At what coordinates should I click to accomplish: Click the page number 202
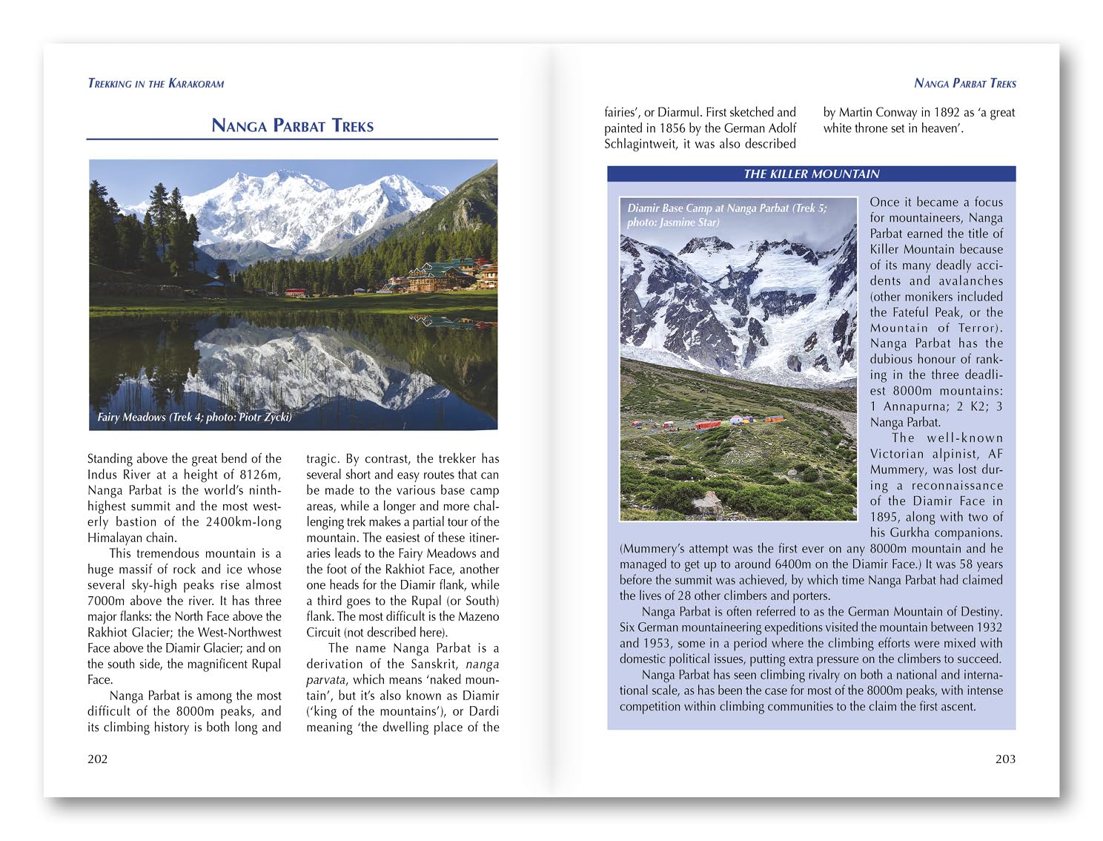tap(98, 759)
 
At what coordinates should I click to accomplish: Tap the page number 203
tap(1005, 759)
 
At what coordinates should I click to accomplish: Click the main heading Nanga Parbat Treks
tap(292, 125)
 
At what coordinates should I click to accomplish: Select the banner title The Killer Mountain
tap(811, 174)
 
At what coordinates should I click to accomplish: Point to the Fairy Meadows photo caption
tap(194, 417)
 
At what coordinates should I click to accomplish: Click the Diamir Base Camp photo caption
tap(726, 215)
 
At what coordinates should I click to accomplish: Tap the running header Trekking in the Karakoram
tap(156, 84)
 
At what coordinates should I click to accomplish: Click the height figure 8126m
tap(260, 475)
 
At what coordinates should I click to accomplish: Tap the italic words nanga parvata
tap(403, 672)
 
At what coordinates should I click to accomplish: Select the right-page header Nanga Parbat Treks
tap(965, 84)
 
